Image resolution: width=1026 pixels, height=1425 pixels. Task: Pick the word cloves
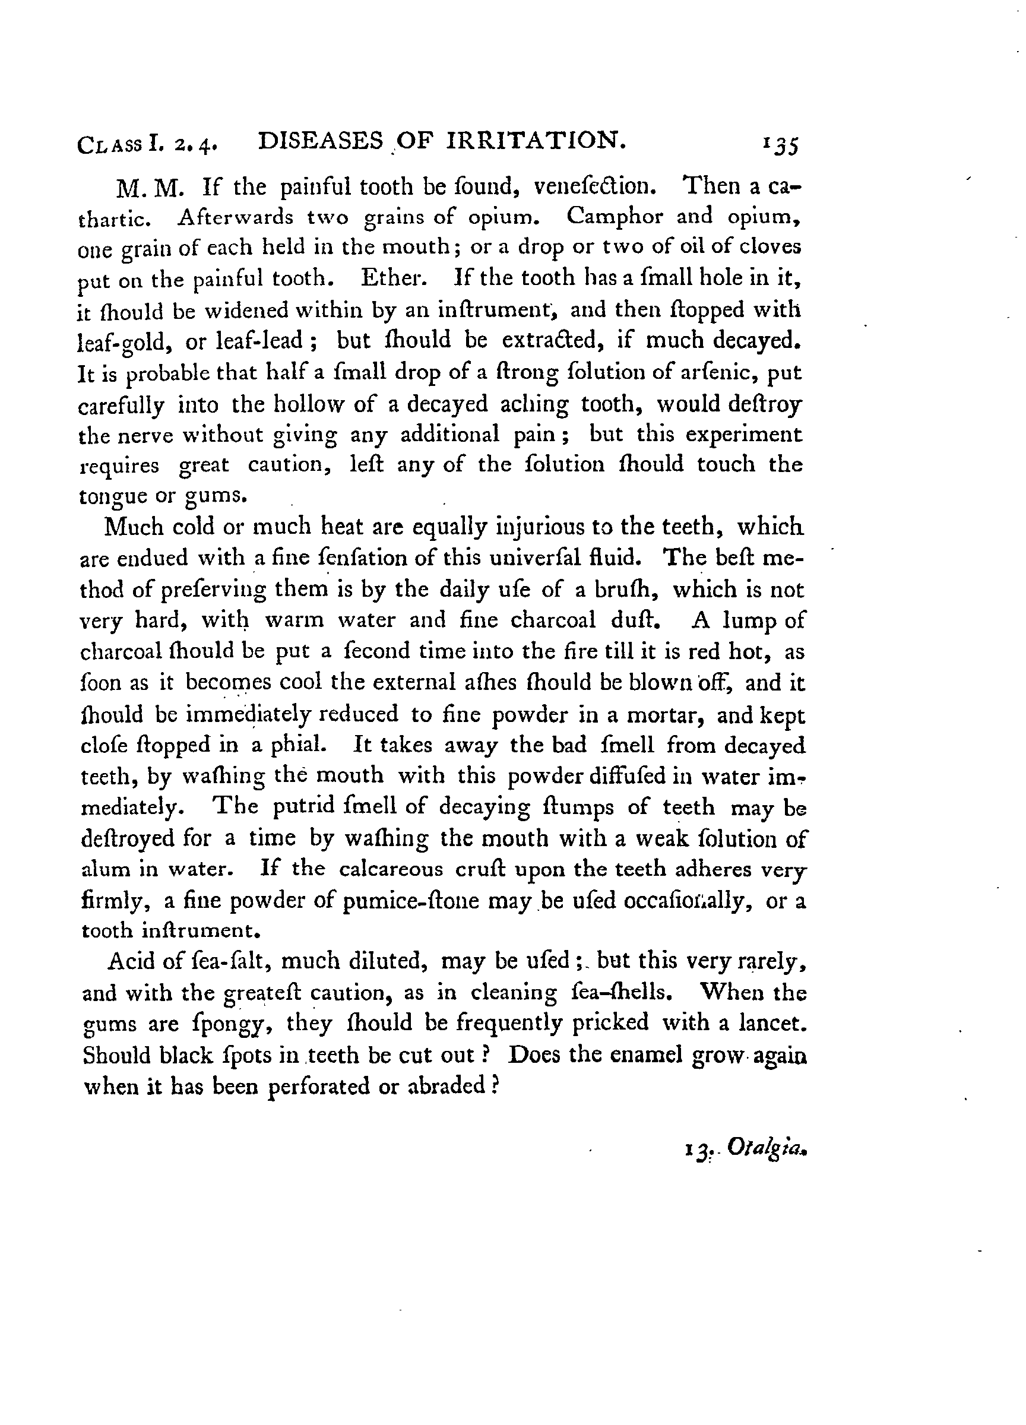click(769, 246)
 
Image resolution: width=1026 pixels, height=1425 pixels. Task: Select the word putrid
click(303, 808)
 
